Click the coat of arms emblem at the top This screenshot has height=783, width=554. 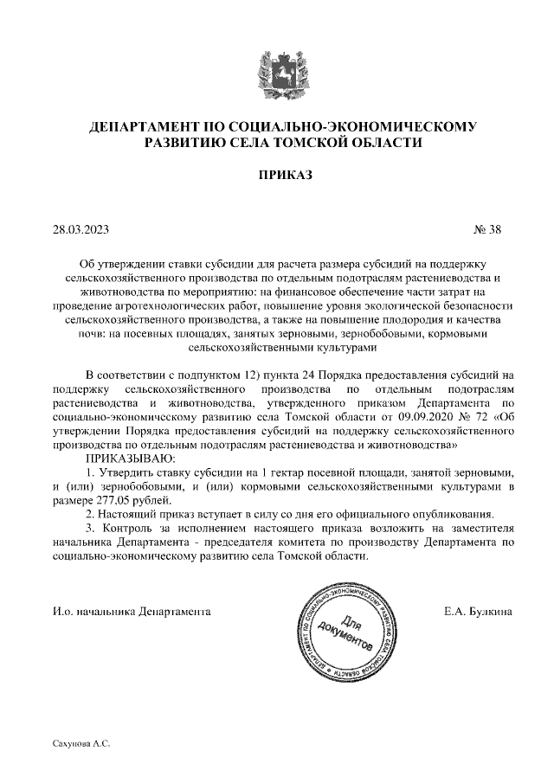(276, 72)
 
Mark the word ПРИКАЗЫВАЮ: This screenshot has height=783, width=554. (129, 459)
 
